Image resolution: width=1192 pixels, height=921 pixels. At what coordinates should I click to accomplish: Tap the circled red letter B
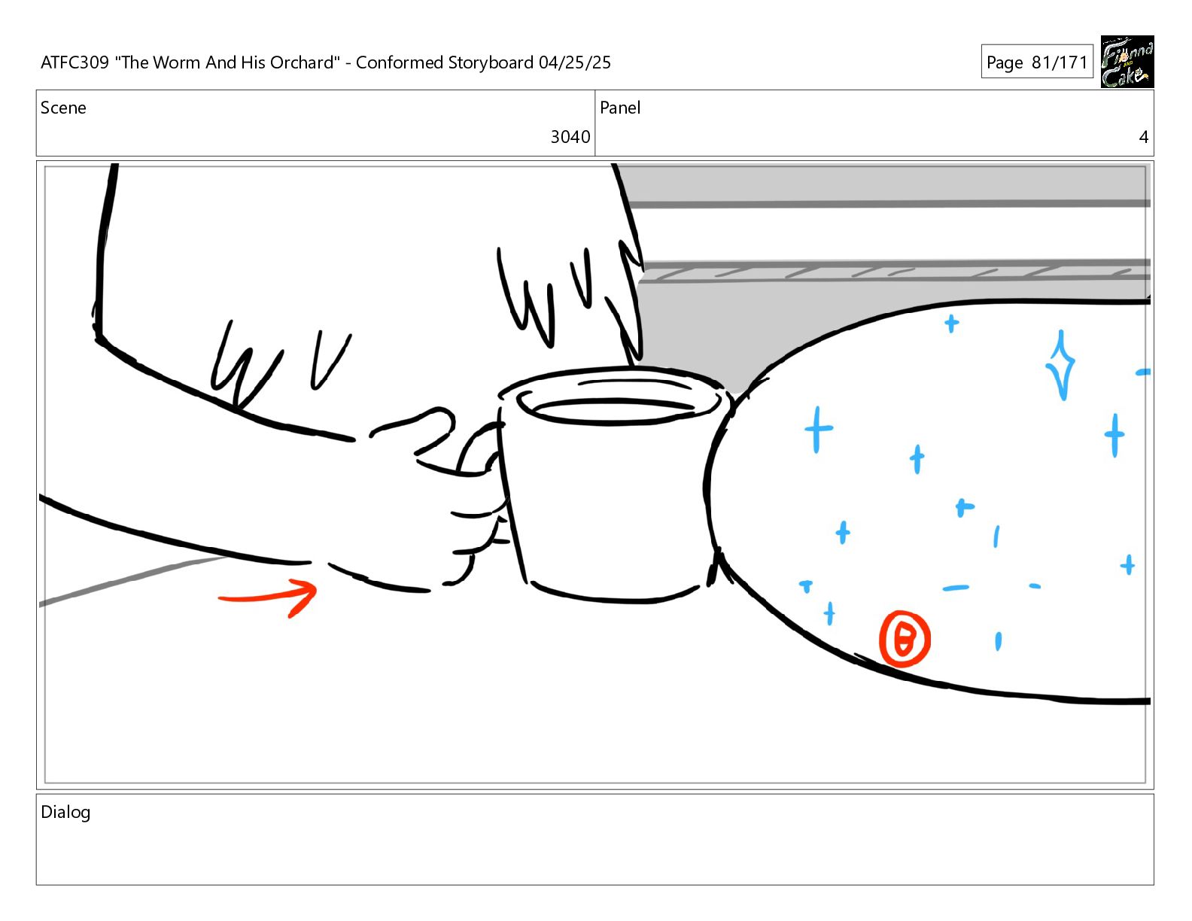pos(905,639)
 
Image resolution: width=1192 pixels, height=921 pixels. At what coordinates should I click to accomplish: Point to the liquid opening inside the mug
pos(614,412)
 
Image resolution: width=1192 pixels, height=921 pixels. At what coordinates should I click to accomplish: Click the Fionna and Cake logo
pos(1127,62)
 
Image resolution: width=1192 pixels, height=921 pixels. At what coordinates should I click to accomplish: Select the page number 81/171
pos(1060,62)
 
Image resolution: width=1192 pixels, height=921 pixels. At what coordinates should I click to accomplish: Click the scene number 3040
pos(570,137)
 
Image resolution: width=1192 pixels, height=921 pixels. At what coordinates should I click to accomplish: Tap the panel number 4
pos(1143,137)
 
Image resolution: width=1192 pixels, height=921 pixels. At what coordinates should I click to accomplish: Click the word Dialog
pos(65,813)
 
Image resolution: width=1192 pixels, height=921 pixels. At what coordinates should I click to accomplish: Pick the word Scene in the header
pos(63,108)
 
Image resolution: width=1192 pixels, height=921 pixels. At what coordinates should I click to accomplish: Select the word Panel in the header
pos(620,108)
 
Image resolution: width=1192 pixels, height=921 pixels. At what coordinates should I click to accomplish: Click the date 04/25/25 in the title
pos(574,62)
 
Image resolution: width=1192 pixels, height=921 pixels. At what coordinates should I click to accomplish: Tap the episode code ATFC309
pos(74,62)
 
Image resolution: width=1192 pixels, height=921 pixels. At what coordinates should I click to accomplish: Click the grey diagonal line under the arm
pos(135,580)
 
